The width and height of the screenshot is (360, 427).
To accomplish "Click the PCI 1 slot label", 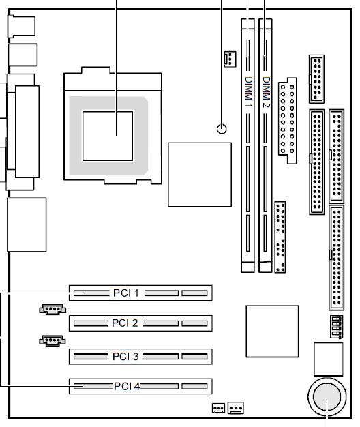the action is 125,293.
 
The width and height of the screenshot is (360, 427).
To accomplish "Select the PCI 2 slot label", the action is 125,323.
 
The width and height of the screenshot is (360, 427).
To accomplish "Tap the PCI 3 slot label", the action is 125,357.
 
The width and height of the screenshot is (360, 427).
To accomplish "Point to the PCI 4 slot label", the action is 127,386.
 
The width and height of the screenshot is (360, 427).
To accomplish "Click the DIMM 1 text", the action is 248,91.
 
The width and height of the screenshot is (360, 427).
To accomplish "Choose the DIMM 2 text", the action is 266,92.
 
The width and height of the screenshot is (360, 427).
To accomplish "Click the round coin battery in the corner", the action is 327,397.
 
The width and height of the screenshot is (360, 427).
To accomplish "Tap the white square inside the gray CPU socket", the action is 108,136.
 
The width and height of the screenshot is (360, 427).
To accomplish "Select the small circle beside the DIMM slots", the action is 222,128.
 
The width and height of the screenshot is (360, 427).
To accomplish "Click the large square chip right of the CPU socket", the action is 200,175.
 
